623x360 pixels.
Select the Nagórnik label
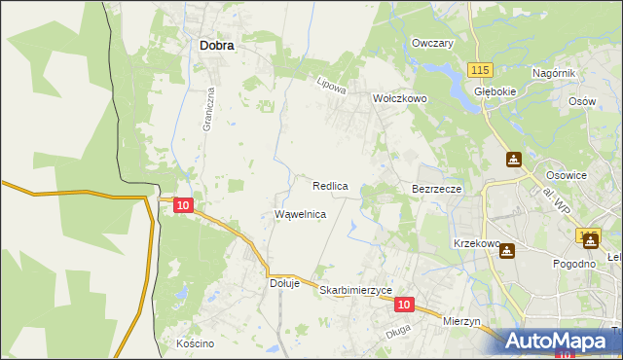(556, 73)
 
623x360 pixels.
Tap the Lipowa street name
(332, 86)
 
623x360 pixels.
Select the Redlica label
(330, 185)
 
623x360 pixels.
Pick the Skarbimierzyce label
(355, 290)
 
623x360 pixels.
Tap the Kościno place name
(195, 343)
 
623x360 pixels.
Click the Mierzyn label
(461, 321)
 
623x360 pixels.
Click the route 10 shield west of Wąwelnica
(184, 205)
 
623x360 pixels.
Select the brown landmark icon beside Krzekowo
(506, 251)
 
